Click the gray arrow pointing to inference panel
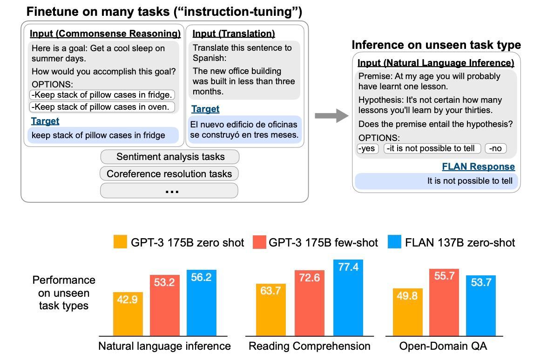click(x=331, y=116)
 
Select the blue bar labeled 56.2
click(x=202, y=303)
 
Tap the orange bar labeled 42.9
click(x=128, y=314)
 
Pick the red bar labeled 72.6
click(x=310, y=303)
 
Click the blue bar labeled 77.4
click(x=348, y=298)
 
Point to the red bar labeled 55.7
click(x=444, y=302)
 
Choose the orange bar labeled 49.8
click(x=407, y=312)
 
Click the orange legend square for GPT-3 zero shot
click(x=120, y=242)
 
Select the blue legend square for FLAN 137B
click(x=394, y=242)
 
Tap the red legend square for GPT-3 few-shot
click(x=259, y=242)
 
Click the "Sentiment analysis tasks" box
click(x=169, y=157)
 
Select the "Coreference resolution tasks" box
click(x=169, y=173)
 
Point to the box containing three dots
click(x=169, y=191)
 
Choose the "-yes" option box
click(x=367, y=148)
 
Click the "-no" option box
click(x=496, y=148)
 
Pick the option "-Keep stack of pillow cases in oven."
click(x=102, y=107)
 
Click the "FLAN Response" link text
click(x=479, y=167)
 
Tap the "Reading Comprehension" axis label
click(x=310, y=346)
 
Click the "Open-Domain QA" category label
click(x=443, y=346)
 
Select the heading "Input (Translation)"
click(x=234, y=33)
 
